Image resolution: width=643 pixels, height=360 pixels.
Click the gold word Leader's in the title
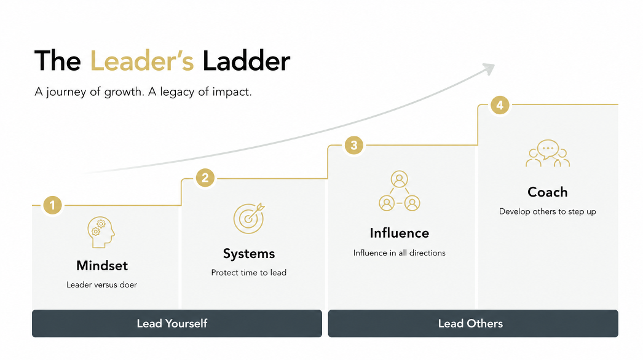pos(142,61)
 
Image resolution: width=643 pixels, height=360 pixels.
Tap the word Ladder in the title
pos(247,61)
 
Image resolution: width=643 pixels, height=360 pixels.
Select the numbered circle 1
pos(52,205)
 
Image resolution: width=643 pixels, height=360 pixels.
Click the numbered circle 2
pos(205,178)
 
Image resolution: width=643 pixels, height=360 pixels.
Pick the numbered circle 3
pos(354,145)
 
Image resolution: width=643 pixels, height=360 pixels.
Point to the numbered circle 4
pos(500,106)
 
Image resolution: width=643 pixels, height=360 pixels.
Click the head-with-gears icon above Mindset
pos(101,232)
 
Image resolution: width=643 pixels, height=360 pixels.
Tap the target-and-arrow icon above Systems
pos(249,218)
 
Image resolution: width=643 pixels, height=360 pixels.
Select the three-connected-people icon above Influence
pos(399,191)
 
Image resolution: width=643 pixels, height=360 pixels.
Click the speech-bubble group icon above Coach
pos(548,154)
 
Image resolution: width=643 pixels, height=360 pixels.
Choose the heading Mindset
pos(102,265)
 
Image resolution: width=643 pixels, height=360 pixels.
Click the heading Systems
pos(249,254)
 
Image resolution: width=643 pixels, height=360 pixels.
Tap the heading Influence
pos(400,233)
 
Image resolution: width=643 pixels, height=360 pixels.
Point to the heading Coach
pos(548,192)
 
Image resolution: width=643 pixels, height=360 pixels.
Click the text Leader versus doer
pos(101,284)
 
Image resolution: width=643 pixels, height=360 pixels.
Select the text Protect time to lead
pos(249,273)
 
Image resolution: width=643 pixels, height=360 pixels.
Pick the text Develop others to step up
pos(548,211)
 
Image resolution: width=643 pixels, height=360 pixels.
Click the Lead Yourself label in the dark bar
pos(172,324)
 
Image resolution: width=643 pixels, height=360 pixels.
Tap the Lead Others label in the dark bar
pos(470,324)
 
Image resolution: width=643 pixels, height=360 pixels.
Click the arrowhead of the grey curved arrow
pos(490,68)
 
